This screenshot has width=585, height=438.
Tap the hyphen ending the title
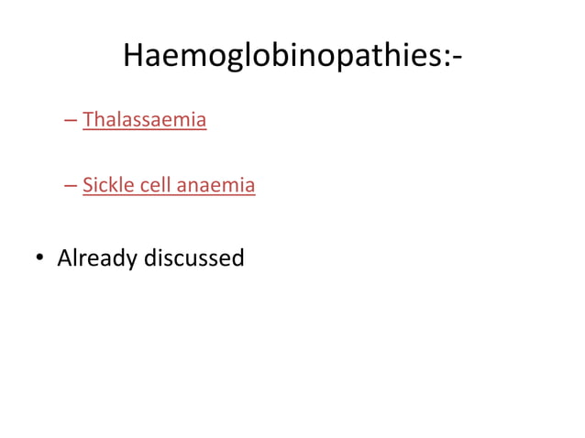[456, 60]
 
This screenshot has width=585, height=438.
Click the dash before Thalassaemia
[71, 120]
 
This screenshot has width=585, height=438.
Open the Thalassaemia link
[144, 120]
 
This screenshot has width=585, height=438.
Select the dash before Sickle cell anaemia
[71, 186]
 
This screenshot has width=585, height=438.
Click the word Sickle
[108, 186]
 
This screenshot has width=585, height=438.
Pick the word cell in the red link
[156, 186]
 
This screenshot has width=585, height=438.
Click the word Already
[95, 259]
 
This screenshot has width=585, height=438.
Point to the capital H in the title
[134, 56]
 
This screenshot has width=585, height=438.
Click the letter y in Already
[129, 262]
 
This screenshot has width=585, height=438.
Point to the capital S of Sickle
[87, 186]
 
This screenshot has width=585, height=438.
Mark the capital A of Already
[64, 258]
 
